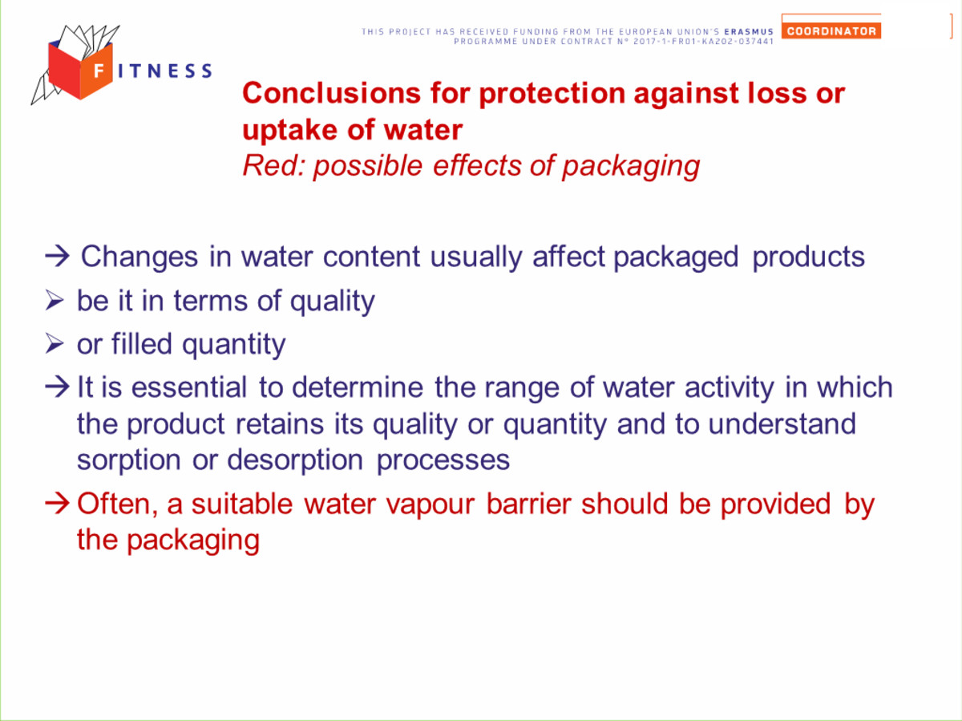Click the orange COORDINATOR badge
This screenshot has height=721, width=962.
pyautogui.click(x=831, y=30)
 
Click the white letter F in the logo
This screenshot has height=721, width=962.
pyautogui.click(x=99, y=70)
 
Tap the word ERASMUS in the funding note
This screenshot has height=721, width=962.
pyautogui.click(x=749, y=31)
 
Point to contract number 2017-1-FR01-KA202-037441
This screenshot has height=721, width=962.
pyautogui.click(x=703, y=41)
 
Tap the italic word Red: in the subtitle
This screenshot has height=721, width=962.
pyautogui.click(x=273, y=166)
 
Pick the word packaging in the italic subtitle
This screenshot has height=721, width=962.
pyautogui.click(x=631, y=167)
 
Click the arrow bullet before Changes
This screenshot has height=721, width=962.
pyautogui.click(x=57, y=256)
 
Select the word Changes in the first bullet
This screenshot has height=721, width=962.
pyautogui.click(x=139, y=257)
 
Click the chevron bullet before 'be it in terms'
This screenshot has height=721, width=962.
pyautogui.click(x=55, y=300)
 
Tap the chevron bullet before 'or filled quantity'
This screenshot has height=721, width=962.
pyautogui.click(x=55, y=343)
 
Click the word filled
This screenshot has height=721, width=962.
pyautogui.click(x=142, y=343)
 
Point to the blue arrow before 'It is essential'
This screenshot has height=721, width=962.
pyautogui.click(x=57, y=387)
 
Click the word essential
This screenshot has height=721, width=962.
pyautogui.click(x=189, y=387)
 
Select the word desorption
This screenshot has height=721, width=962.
pyautogui.click(x=295, y=460)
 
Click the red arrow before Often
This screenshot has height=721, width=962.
pyautogui.click(x=57, y=504)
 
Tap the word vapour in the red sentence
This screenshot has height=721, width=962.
pyautogui.click(x=430, y=504)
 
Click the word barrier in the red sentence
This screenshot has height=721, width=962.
pyautogui.click(x=528, y=503)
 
